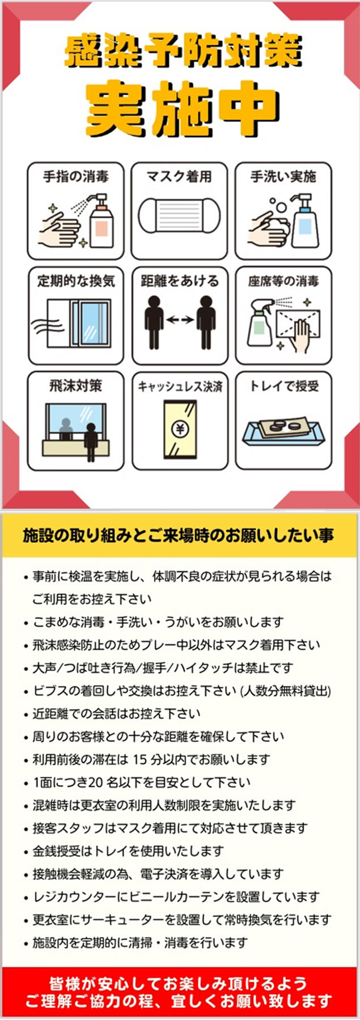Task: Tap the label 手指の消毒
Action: pyautogui.click(x=75, y=176)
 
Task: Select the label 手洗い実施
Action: pyautogui.click(x=283, y=176)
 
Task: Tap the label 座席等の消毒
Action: pyautogui.click(x=283, y=281)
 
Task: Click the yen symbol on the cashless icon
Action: pyautogui.click(x=180, y=429)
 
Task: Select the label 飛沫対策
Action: pyautogui.click(x=75, y=386)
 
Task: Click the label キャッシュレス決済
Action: pyautogui.click(x=180, y=387)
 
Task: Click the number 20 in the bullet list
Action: pyautogui.click(x=95, y=782)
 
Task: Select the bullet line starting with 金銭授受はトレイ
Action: pyautogui.click(x=128, y=851)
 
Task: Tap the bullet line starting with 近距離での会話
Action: pyautogui.click(x=116, y=713)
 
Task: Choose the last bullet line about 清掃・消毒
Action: pyautogui.click(x=140, y=943)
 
